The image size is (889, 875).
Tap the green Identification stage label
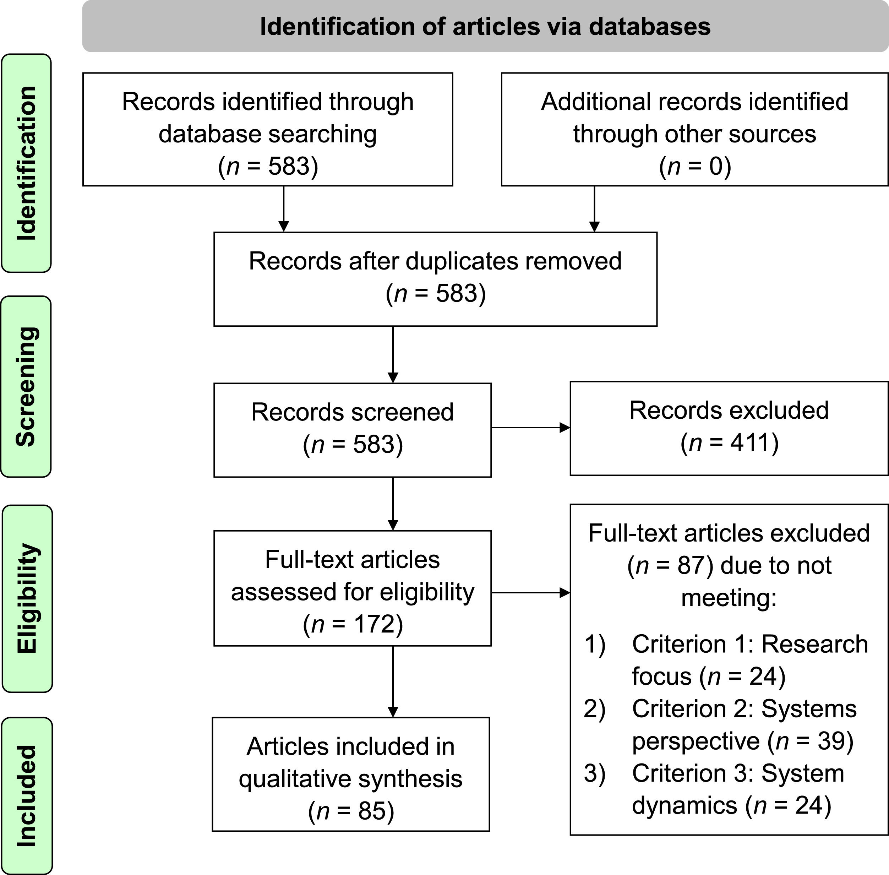(x=26, y=163)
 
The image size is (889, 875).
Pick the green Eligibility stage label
(x=27, y=598)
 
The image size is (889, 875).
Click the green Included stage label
(x=27, y=795)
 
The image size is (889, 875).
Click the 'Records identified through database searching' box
(x=267, y=129)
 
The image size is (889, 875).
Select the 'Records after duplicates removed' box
(x=435, y=279)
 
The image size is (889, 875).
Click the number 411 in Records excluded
(x=743, y=442)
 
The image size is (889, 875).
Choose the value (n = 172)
(x=353, y=624)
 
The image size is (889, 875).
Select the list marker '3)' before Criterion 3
(x=595, y=773)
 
